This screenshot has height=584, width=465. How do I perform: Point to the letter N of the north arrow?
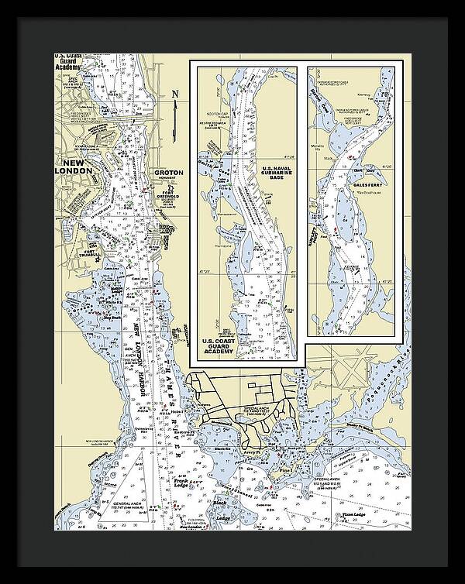click(176, 95)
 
